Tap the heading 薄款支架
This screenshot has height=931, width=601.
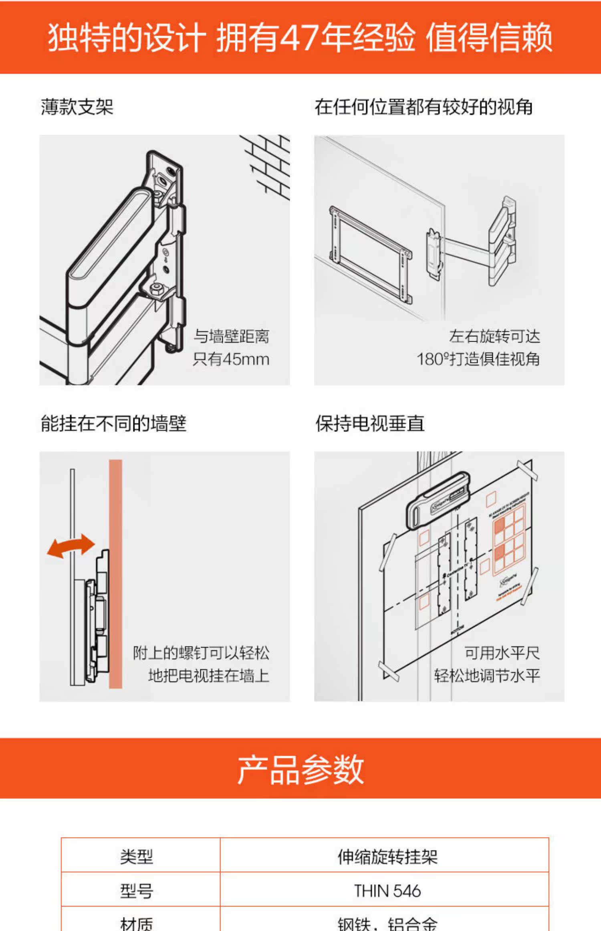(x=77, y=107)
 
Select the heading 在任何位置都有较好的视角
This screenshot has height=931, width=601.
(x=424, y=107)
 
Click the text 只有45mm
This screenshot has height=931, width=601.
(x=231, y=359)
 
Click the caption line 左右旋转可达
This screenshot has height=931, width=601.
(x=494, y=336)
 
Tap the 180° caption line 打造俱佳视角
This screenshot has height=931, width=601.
(x=478, y=359)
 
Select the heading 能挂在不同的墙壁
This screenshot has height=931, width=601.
(x=114, y=423)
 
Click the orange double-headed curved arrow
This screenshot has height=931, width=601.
(x=71, y=546)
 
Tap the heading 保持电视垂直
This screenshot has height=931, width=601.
(x=370, y=423)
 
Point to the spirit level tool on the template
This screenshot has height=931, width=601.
(x=438, y=501)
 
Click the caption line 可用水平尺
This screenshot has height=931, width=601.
(x=502, y=653)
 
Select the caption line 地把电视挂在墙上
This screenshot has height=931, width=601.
(x=209, y=676)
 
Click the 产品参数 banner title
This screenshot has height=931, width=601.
(x=300, y=770)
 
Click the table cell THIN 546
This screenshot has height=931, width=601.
(x=387, y=891)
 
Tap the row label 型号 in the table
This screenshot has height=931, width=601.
(x=137, y=891)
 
